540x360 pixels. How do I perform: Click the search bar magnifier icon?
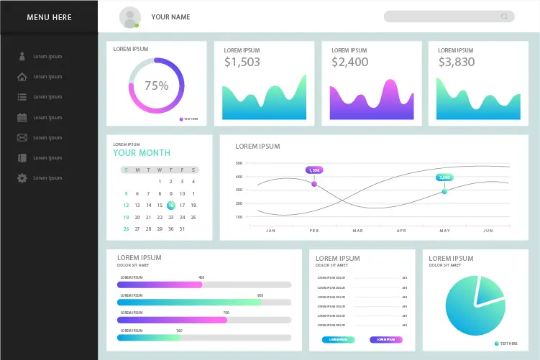tap(505, 17)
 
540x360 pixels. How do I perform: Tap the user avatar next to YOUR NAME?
tap(130, 17)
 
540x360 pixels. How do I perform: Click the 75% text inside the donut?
tap(157, 86)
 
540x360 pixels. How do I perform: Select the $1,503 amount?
tap(242, 63)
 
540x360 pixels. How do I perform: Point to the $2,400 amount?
tap(350, 63)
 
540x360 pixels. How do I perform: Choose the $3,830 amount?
tap(457, 63)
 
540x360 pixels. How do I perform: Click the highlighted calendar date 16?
tap(171, 206)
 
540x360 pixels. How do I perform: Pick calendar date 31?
tap(182, 229)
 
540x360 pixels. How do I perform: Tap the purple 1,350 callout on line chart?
tap(314, 170)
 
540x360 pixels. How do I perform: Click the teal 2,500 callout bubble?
tap(444, 177)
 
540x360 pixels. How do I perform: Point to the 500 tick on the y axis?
tap(239, 163)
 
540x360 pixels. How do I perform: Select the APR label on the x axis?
tap(401, 231)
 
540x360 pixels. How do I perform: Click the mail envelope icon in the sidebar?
tap(22, 137)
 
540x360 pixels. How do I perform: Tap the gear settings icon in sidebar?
tap(22, 178)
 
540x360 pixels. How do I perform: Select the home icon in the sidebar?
tap(22, 77)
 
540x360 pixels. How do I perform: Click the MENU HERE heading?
tap(49, 17)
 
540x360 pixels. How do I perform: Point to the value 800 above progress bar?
tap(260, 295)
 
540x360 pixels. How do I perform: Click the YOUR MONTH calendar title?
tap(142, 152)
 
